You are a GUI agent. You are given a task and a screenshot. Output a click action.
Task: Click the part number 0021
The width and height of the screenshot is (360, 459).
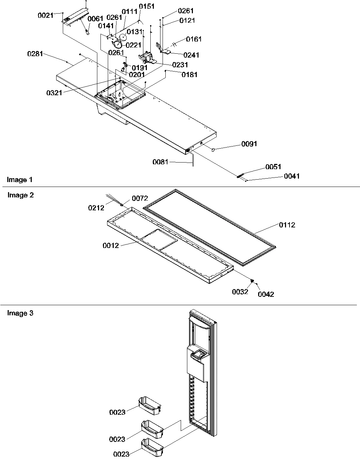tap(45, 15)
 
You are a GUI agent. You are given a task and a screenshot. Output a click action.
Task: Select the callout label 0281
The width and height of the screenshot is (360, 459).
tap(35, 54)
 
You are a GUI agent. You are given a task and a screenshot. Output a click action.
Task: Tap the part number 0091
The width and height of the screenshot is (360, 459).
tap(249, 144)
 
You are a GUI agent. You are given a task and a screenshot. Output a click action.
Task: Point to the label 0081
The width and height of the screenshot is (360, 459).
tap(160, 162)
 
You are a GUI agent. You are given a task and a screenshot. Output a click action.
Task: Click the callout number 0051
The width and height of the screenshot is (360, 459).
tap(273, 167)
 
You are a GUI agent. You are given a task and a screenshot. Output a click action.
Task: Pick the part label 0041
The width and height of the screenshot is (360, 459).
tap(292, 176)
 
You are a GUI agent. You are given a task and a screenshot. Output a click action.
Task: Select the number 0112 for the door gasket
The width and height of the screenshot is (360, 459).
tap(287, 225)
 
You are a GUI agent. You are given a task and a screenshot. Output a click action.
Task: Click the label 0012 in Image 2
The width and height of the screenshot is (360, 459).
tap(111, 246)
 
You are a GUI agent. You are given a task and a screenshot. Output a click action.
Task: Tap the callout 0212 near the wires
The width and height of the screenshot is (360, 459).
tap(96, 208)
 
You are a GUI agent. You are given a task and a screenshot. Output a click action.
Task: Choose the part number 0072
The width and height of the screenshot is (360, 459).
tap(140, 198)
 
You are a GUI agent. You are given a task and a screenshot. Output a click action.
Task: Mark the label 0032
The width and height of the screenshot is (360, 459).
tap(240, 292)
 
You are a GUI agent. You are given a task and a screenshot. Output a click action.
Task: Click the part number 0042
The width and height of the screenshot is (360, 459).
tap(266, 294)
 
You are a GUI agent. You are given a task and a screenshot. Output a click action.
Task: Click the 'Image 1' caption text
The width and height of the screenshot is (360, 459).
tap(20, 180)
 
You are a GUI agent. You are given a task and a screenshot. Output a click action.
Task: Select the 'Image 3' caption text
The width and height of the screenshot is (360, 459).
tap(20, 313)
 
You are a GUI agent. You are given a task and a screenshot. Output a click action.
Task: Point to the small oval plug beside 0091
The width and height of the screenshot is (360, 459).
tap(213, 150)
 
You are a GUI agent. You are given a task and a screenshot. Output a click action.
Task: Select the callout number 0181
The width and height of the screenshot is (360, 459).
tap(189, 74)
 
